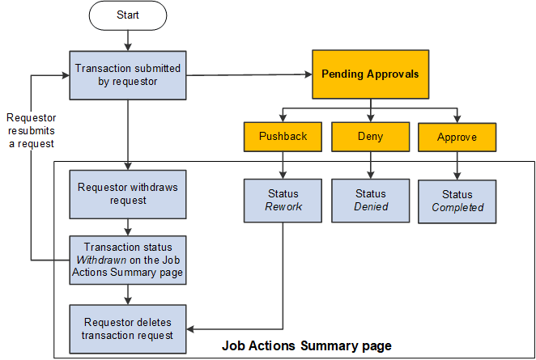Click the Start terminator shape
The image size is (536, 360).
tap(128, 14)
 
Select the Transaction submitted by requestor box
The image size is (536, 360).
tap(128, 74)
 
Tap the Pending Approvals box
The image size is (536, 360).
tap(370, 74)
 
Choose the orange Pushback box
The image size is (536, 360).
tap(283, 137)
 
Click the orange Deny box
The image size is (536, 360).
tap(370, 137)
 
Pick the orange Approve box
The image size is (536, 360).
tap(457, 137)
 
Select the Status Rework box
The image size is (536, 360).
tap(283, 200)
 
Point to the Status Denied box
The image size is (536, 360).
tap(370, 200)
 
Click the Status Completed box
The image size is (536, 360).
tap(457, 200)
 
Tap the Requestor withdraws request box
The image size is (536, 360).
tap(128, 194)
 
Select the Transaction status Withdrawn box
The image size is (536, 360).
tap(128, 259)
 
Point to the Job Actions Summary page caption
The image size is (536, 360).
tap(307, 346)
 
